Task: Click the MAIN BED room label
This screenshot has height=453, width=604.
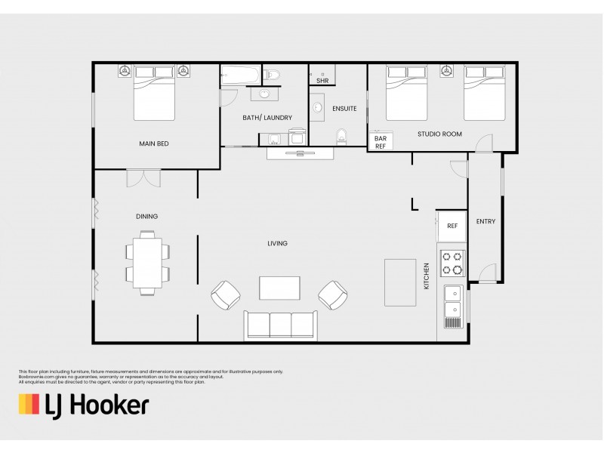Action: tap(153, 143)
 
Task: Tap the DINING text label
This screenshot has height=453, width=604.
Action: tap(146, 217)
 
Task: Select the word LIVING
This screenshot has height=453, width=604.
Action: tap(277, 243)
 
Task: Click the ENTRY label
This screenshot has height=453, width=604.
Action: tap(485, 221)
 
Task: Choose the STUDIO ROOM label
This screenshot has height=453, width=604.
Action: tap(439, 134)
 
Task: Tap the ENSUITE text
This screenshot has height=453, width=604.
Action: tap(344, 109)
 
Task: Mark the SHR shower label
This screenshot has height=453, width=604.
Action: tap(322, 80)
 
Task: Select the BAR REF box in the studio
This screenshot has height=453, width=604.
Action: tap(381, 142)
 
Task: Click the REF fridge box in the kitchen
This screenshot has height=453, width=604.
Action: tap(451, 226)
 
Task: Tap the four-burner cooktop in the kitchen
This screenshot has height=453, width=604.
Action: tap(452, 263)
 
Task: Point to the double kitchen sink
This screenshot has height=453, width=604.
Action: tap(453, 301)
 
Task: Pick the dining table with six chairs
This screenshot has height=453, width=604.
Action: tap(146, 262)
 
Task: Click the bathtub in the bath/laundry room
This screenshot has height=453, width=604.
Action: tap(241, 75)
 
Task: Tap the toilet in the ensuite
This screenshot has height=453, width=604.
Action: tap(341, 137)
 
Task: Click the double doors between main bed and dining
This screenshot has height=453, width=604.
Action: tap(143, 177)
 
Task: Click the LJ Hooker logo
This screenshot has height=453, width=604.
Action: tap(83, 405)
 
